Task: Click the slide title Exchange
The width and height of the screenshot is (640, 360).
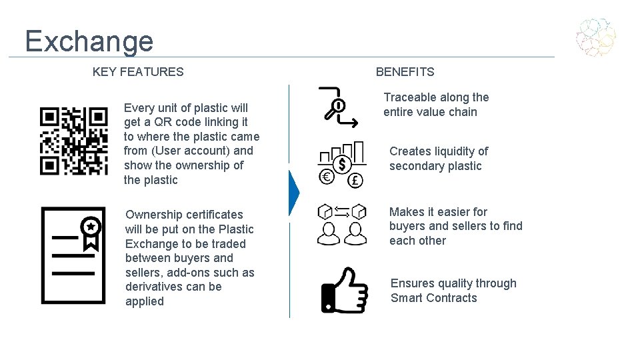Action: tap(89, 41)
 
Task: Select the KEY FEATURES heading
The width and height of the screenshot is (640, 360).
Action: tap(138, 72)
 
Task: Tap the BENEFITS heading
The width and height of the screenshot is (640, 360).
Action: tap(405, 72)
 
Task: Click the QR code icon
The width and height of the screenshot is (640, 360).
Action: tap(73, 141)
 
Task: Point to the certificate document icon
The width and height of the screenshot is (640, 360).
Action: tap(73, 255)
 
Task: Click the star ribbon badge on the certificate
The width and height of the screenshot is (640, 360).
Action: tap(91, 231)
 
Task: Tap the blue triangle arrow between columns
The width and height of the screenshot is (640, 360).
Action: tap(293, 193)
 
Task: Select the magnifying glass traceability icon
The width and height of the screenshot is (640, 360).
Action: tap(334, 108)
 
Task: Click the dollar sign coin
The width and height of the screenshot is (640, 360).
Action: tap(343, 163)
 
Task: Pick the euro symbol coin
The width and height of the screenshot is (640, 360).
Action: tap(327, 177)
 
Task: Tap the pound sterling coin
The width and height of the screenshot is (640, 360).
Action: tap(355, 180)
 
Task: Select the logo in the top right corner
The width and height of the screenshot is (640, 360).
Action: tap(596, 37)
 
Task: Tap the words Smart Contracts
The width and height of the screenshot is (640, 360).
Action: tap(434, 298)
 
